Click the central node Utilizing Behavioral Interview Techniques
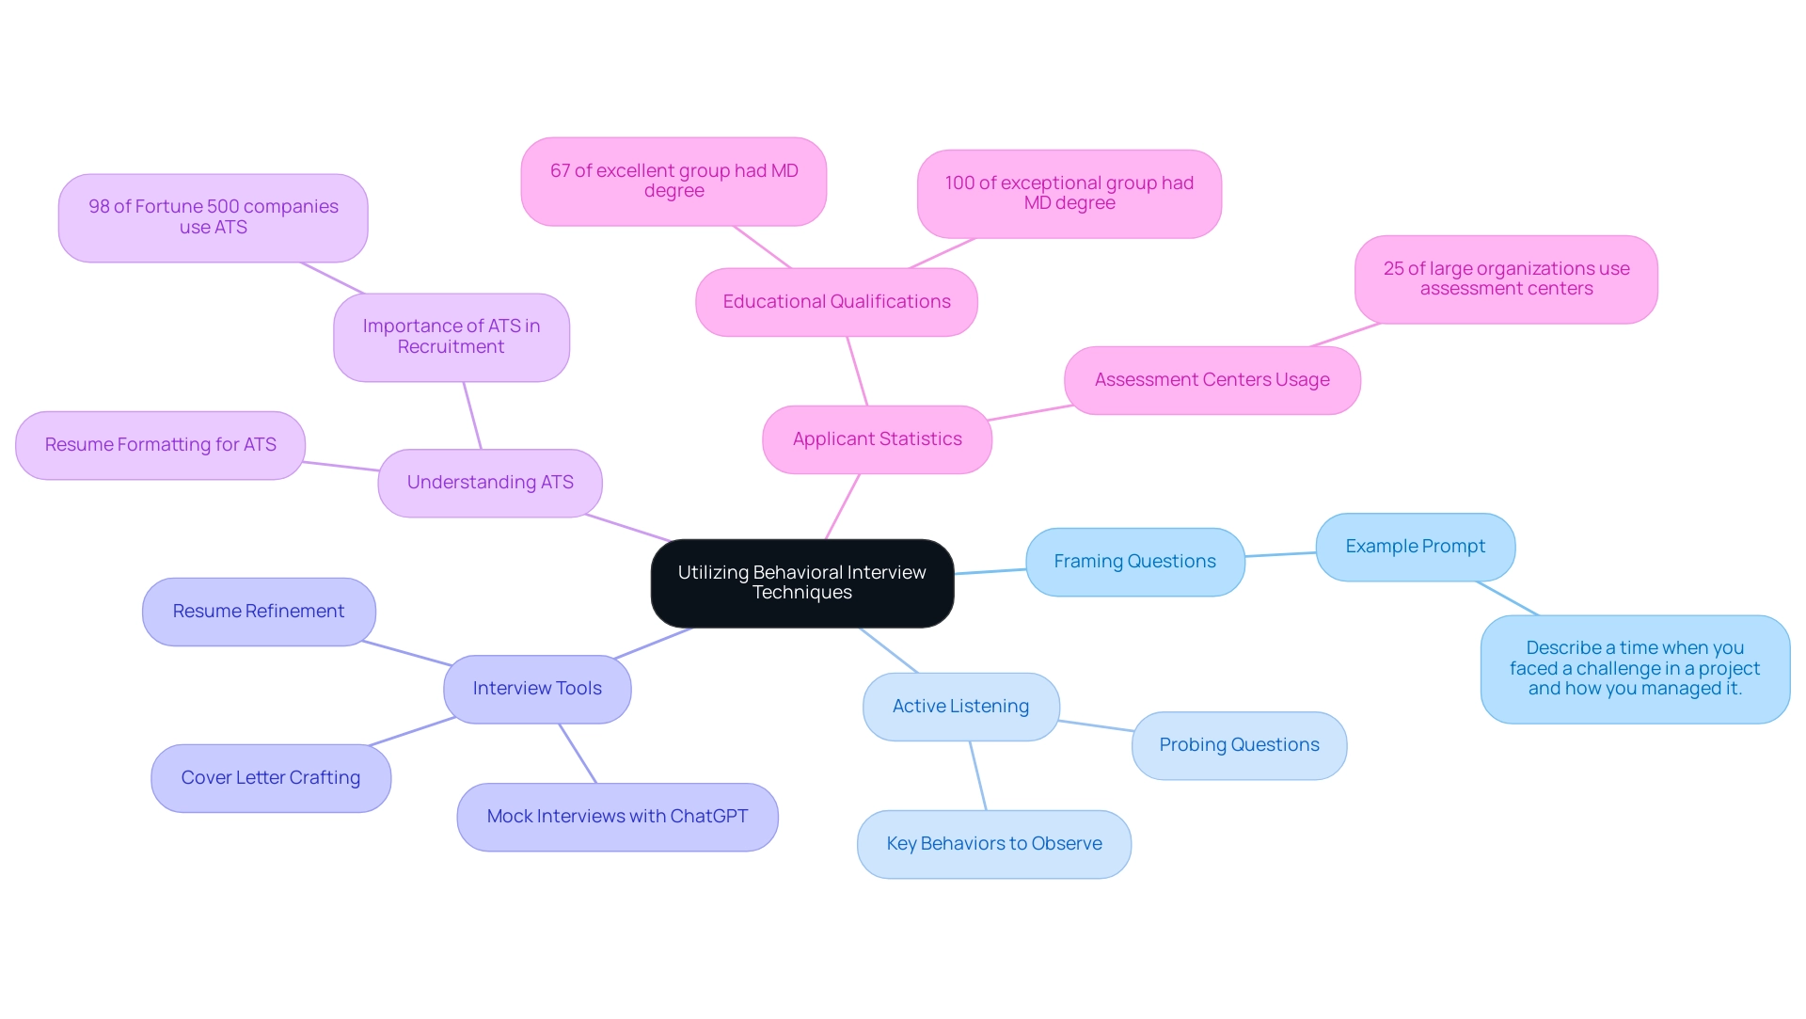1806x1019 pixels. (x=801, y=582)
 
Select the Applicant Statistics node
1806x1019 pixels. (x=877, y=439)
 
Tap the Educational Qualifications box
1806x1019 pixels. (x=836, y=302)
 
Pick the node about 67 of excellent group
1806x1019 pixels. (x=673, y=181)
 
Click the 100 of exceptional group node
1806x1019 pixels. (x=1069, y=193)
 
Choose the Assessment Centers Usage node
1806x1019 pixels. (x=1212, y=380)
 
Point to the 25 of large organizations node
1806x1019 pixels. (x=1506, y=279)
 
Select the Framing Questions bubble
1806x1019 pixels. (x=1134, y=562)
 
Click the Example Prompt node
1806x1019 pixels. (x=1415, y=547)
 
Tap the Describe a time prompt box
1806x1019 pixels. (x=1635, y=668)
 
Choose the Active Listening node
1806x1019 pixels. (x=960, y=707)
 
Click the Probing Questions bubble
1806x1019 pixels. (x=1239, y=745)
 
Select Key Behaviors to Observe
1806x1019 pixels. (x=993, y=844)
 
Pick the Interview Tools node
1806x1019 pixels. (x=536, y=689)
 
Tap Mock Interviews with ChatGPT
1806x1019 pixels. (x=617, y=817)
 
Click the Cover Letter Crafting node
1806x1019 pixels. (x=271, y=778)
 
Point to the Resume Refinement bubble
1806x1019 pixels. (x=259, y=612)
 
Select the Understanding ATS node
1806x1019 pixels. (x=489, y=483)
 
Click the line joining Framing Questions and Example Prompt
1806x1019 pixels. (x=1280, y=554)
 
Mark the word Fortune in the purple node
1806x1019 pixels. (x=171, y=207)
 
